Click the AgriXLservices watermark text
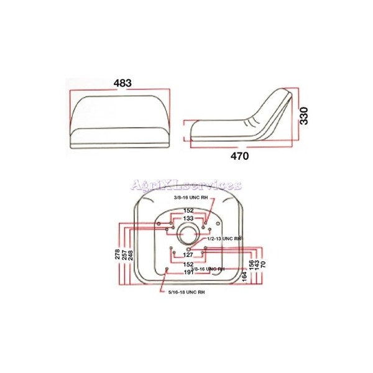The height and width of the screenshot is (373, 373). pos(186,185)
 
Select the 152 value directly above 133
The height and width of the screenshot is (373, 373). pos(188,210)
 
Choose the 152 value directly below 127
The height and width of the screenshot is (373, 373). pos(188,264)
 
